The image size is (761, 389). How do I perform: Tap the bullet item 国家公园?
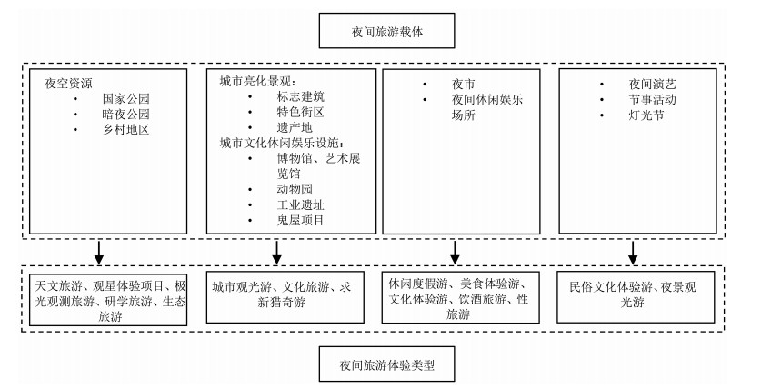click(x=125, y=98)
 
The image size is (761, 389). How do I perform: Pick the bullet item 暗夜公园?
click(x=125, y=115)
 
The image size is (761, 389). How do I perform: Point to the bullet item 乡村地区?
click(x=125, y=131)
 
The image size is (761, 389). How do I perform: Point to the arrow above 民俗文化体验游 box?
click(x=633, y=251)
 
